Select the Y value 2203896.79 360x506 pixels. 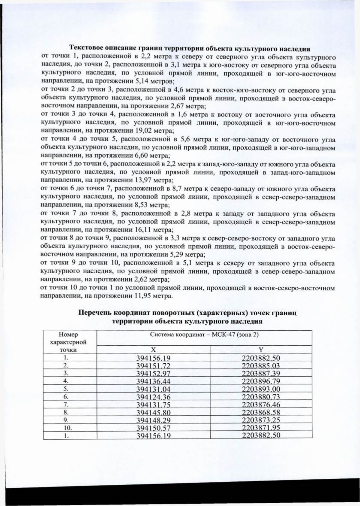pyautogui.click(x=261, y=382)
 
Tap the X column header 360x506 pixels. pyautogui.click(x=153, y=350)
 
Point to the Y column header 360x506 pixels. pyautogui.click(x=261, y=350)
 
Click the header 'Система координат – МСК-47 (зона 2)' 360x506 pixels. pyautogui.click(x=204, y=335)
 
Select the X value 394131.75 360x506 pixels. pyautogui.click(x=153, y=405)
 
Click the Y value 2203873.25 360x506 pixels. pyautogui.click(x=261, y=420)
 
